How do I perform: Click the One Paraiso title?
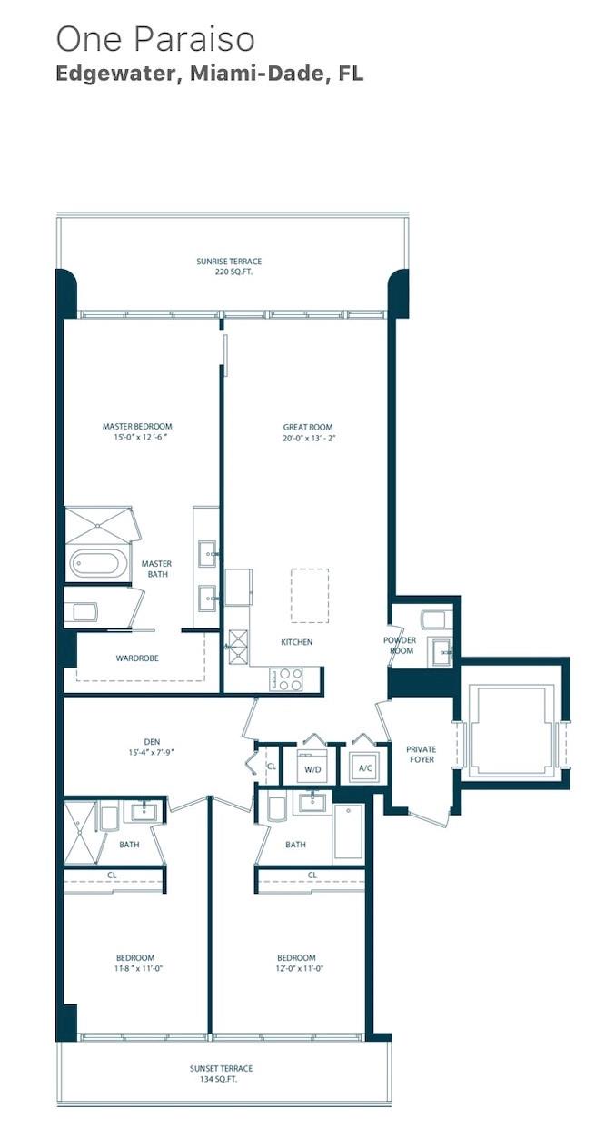pos(155,39)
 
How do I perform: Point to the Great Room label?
pos(308,427)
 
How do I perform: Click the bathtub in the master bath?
pos(99,564)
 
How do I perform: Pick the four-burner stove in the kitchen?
pos(286,679)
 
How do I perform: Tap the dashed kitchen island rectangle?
pos(310,596)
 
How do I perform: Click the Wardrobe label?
pos(137,658)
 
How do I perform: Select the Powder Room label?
pos(400,645)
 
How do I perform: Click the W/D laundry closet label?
pos(312,769)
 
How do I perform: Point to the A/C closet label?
pos(365,768)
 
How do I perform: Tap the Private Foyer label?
pos(422,754)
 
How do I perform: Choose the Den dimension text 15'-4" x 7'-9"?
pos(152,752)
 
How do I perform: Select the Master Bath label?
pos(156,569)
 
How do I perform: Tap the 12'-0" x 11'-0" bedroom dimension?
pos(296,968)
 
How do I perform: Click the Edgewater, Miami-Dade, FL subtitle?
pos(210,74)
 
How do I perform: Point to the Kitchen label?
pos(297,642)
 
